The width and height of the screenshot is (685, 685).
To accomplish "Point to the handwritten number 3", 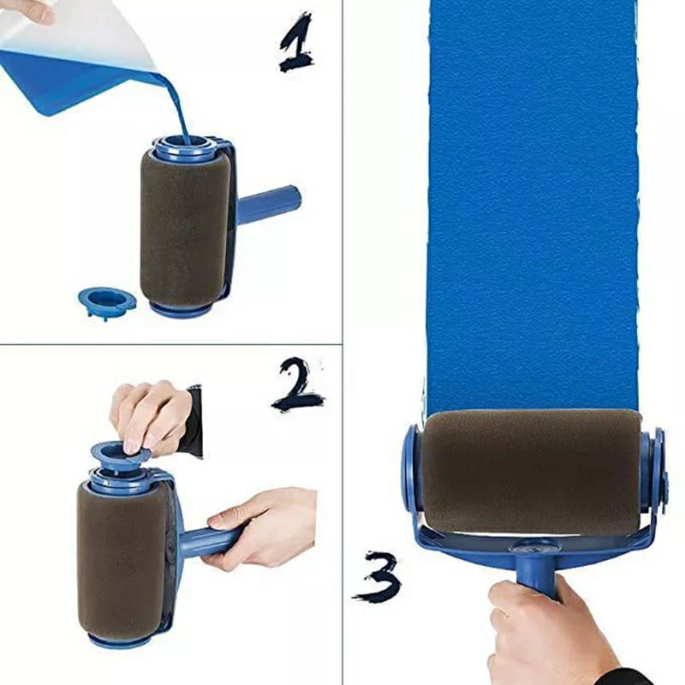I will click(377, 575).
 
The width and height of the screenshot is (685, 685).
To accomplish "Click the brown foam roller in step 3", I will click(531, 471).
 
